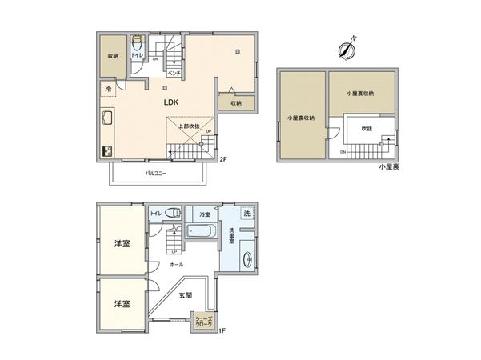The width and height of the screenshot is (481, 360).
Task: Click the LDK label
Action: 171,103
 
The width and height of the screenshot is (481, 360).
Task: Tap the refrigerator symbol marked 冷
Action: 107,88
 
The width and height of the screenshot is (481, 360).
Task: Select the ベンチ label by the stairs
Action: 172,73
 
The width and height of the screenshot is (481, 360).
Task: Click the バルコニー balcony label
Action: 156,173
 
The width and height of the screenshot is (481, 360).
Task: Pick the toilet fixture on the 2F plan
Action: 137,43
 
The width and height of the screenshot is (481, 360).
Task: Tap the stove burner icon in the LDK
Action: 107,150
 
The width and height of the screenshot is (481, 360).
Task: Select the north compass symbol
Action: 347,49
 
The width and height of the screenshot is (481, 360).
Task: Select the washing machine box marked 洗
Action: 247,214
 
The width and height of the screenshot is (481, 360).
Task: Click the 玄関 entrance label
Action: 186,295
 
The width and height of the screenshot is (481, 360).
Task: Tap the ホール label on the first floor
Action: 177,265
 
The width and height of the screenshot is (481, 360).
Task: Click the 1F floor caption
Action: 223,330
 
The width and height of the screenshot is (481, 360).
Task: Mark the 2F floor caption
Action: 223,158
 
